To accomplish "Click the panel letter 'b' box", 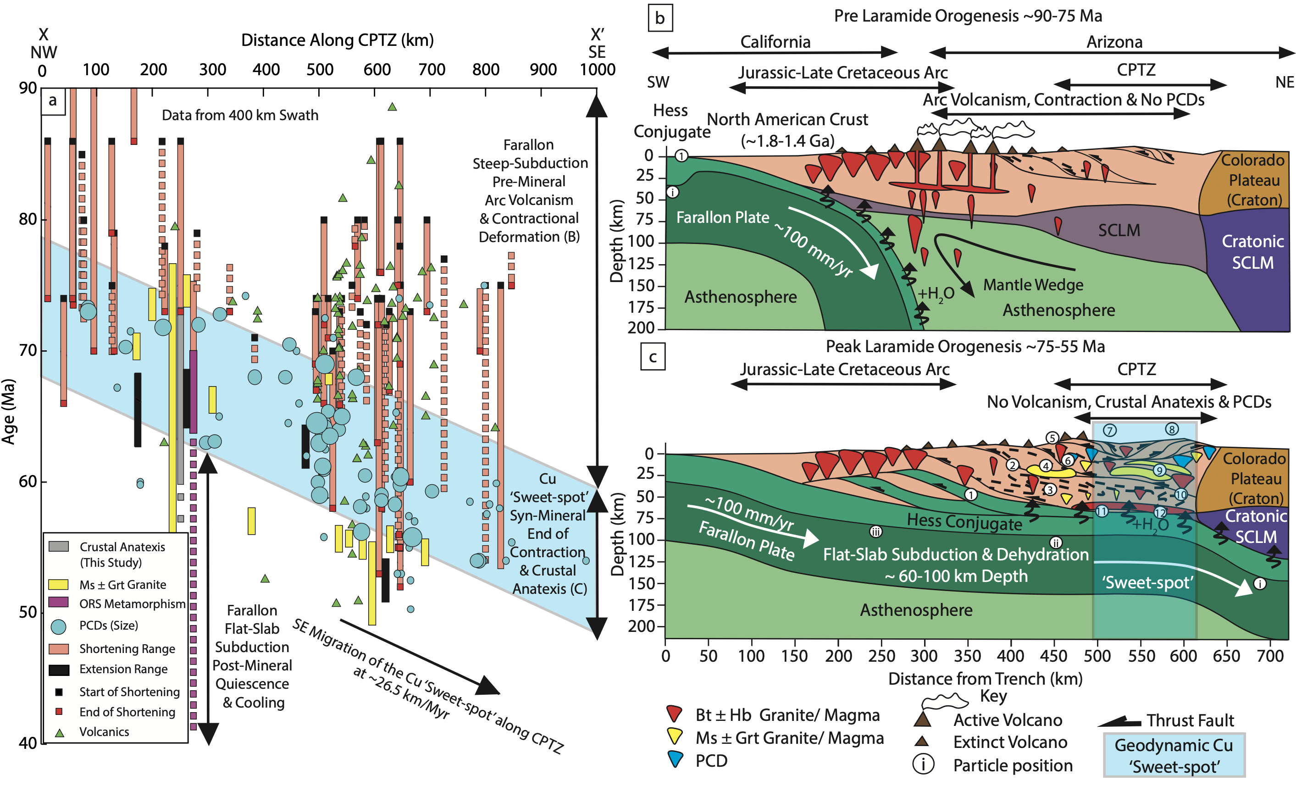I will point(659,18).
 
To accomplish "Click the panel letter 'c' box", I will point(652,357).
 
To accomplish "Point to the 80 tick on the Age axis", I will point(28,219).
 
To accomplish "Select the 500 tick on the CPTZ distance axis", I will point(319,70).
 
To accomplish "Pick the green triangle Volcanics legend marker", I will point(60,733).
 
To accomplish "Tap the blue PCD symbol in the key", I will point(675,759).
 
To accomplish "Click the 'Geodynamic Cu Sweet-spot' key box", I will point(1173,755).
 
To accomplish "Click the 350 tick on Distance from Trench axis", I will point(967,656).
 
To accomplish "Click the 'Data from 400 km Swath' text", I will point(240,115).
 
